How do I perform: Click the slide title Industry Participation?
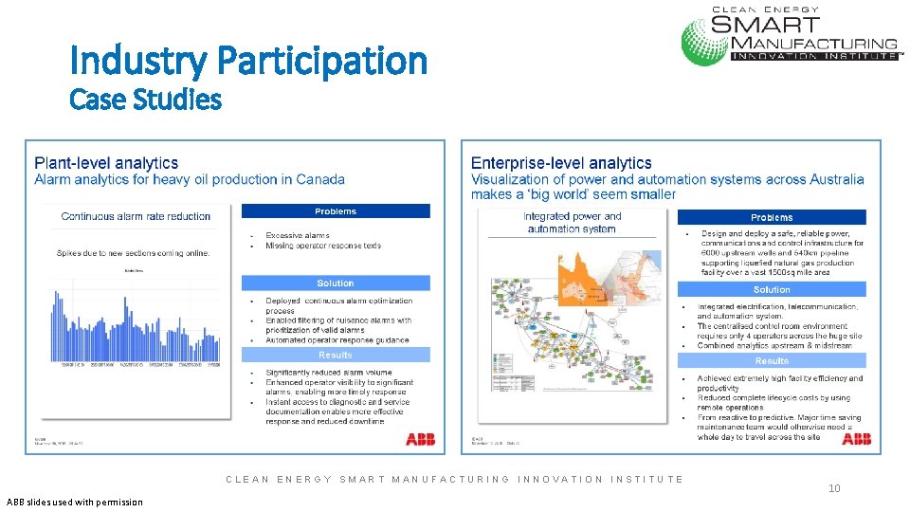click(x=248, y=61)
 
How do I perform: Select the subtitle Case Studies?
click(x=146, y=99)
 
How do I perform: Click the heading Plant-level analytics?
click(x=106, y=164)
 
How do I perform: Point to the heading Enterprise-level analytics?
click(x=561, y=163)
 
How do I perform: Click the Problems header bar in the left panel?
click(x=336, y=211)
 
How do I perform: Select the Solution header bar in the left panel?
click(x=336, y=283)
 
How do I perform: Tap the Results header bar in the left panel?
click(x=336, y=355)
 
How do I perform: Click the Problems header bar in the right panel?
click(x=772, y=217)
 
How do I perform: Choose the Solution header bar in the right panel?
click(x=772, y=289)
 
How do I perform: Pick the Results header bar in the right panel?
click(x=772, y=361)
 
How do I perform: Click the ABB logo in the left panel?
click(x=420, y=439)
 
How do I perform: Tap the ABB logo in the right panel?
click(x=856, y=439)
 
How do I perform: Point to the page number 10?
click(x=834, y=488)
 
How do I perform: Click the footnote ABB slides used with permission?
click(x=75, y=502)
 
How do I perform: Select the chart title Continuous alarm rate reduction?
click(x=136, y=216)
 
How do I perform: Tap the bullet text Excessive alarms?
click(x=298, y=235)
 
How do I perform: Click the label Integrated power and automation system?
click(x=572, y=222)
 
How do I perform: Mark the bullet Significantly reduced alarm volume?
click(x=328, y=373)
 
